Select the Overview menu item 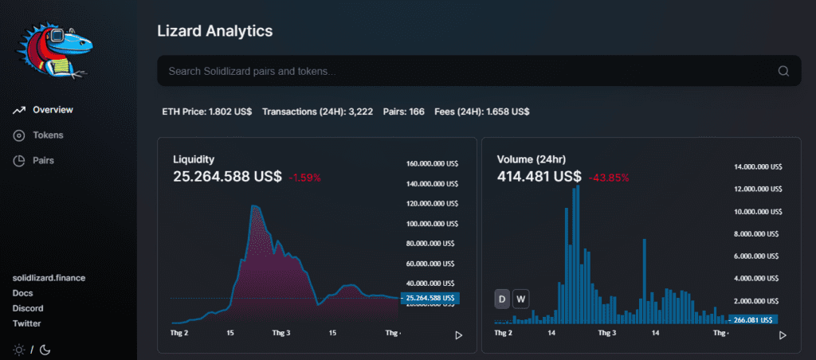(x=53, y=110)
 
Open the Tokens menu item (x=48, y=135)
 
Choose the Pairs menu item (x=43, y=161)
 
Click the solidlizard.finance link (x=49, y=278)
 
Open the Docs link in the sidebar (x=23, y=293)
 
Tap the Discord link (x=28, y=308)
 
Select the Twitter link (x=27, y=323)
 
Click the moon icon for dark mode (x=45, y=349)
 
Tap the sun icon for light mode (x=19, y=349)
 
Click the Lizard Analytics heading (x=215, y=31)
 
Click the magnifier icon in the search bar (x=783, y=71)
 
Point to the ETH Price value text (x=206, y=112)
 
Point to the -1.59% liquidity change (x=305, y=178)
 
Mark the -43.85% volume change (x=608, y=178)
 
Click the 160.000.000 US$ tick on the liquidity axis (x=430, y=164)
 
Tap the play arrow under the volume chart (x=783, y=335)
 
